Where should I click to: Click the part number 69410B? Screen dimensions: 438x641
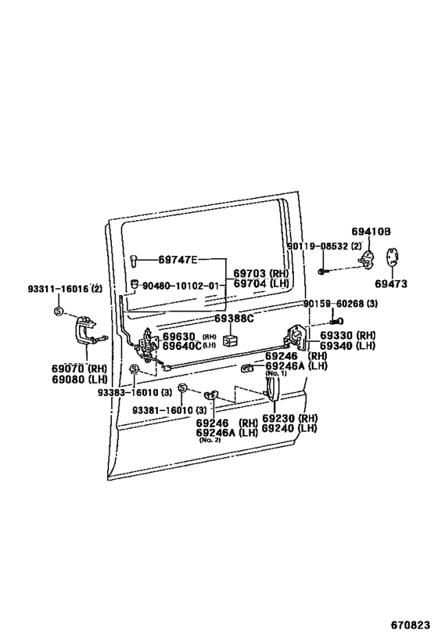coord(371,232)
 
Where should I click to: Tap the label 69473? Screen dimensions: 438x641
coord(391,283)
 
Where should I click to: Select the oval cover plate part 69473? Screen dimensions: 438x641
coord(393,258)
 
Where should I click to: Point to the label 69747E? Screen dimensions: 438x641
coord(178,260)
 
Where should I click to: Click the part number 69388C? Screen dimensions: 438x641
coord(234,319)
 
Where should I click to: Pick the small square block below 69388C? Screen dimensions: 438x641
coord(230,339)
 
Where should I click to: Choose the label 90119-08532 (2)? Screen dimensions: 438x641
coord(325,246)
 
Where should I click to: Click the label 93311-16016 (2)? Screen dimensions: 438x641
coord(65,289)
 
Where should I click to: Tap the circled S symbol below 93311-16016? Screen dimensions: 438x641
coord(59,311)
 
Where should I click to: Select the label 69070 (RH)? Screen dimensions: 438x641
coord(79,369)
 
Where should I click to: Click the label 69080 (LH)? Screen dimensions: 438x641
coord(79,380)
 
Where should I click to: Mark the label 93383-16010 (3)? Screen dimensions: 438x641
coord(135,392)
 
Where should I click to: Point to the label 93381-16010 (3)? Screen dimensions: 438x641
coord(169,410)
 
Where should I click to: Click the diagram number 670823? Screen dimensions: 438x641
coord(410,625)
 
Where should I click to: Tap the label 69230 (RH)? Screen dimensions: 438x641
coord(289,418)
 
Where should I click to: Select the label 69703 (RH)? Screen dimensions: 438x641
coord(260,273)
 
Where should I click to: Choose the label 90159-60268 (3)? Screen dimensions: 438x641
coord(340,304)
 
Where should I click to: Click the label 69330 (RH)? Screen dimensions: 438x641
coord(347,335)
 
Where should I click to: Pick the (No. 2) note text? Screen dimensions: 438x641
coord(210,441)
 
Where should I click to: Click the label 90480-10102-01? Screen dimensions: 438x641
coord(181,286)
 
